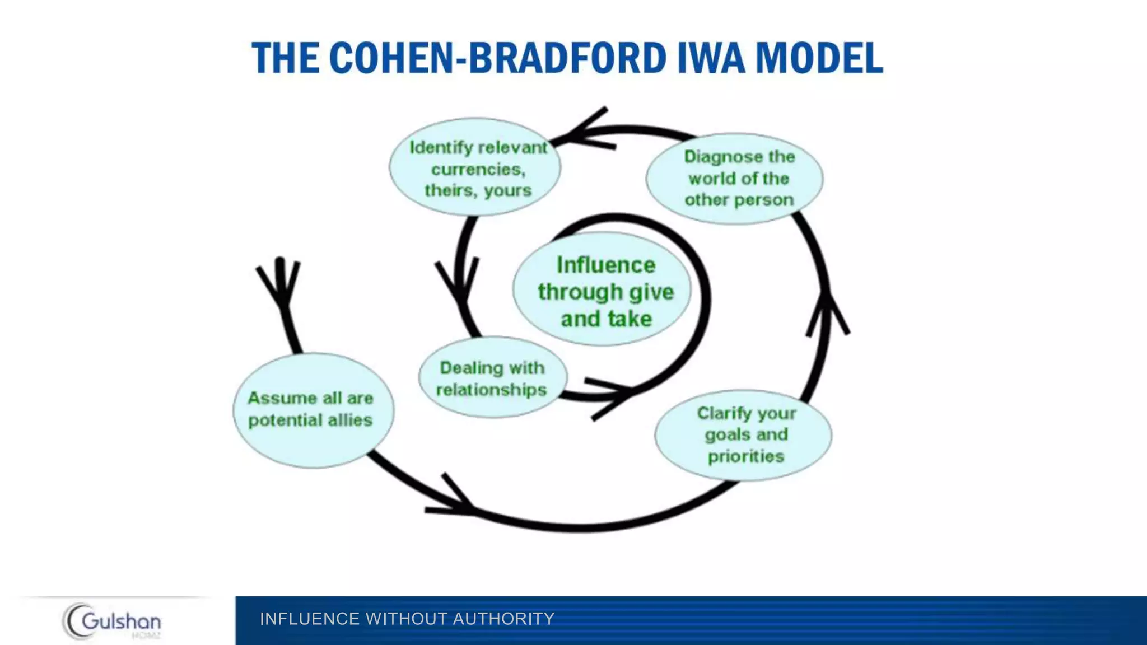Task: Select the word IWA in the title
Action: coord(711,58)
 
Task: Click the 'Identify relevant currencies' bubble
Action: coord(475,167)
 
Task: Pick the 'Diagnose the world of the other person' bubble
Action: coord(735,179)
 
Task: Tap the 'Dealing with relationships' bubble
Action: coord(492,378)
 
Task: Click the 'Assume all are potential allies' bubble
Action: coord(313,410)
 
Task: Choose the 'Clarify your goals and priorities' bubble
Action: coord(743,434)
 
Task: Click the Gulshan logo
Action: coord(112,620)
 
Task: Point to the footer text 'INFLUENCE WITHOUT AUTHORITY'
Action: coord(407,619)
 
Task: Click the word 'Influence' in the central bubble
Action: coord(605,265)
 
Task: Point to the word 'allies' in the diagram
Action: coord(349,420)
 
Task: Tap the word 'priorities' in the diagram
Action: coord(745,456)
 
